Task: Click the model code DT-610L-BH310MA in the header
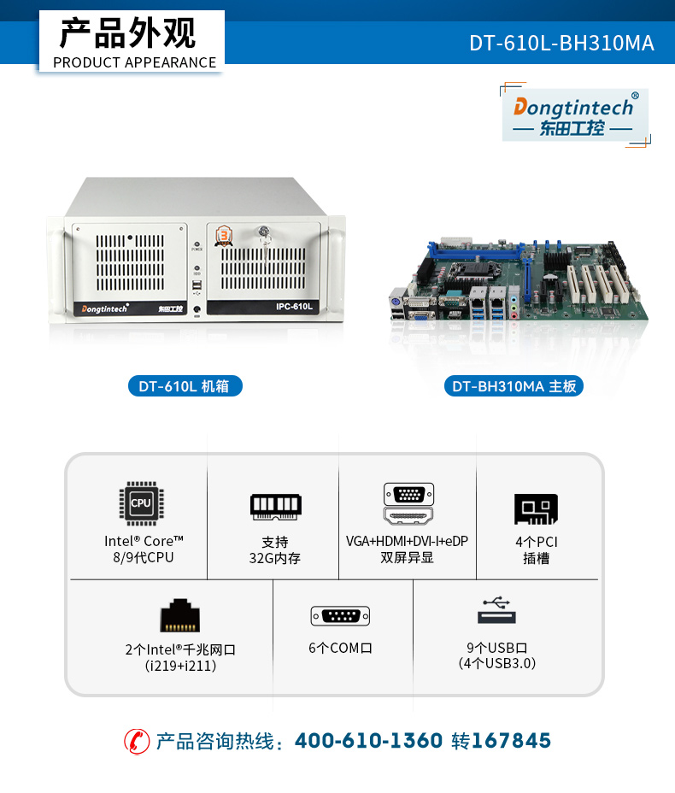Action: (561, 43)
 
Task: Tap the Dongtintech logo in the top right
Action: (575, 115)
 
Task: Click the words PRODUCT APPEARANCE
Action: (134, 62)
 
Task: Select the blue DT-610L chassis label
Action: (185, 386)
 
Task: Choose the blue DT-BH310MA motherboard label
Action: (514, 386)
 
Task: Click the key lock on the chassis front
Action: (263, 232)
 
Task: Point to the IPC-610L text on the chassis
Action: (294, 307)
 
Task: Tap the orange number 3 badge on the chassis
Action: (224, 236)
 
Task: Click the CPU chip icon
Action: (141, 503)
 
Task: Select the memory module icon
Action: (276, 506)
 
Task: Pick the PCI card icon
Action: (536, 508)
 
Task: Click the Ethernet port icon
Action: (180, 615)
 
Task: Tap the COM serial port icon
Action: (340, 616)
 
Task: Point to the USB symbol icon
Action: (496, 610)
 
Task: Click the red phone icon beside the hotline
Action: (137, 742)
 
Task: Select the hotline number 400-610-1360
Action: (368, 741)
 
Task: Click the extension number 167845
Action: (511, 741)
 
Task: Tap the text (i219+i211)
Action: (180, 666)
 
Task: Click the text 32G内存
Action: (274, 558)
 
